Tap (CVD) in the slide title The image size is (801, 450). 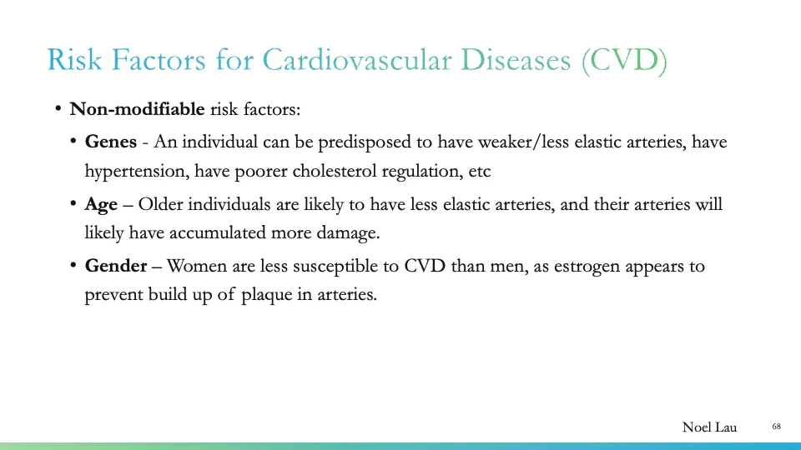626,61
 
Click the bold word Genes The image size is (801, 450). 110,142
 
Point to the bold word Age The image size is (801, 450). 101,204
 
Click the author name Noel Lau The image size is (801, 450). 710,427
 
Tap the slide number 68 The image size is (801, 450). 776,427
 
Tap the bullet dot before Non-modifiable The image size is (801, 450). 58,109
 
